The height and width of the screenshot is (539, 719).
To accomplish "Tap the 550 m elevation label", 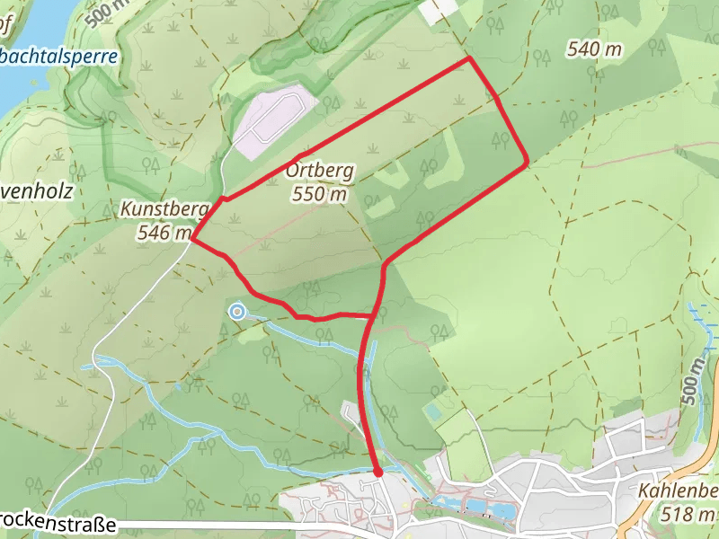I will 319,192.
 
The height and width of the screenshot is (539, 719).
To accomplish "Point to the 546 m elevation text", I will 164,233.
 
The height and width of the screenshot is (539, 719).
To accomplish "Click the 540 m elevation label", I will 595,49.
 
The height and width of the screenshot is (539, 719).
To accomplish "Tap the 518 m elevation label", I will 688,515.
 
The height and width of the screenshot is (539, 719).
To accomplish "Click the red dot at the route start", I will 377,471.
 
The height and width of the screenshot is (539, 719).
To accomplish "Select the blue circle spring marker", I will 236,312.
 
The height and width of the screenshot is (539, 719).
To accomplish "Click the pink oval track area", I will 274,121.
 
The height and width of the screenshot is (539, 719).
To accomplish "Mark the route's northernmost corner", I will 469,58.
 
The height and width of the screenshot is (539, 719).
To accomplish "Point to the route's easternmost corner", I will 526,163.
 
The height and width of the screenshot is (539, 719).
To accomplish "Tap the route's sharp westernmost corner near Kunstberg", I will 192,240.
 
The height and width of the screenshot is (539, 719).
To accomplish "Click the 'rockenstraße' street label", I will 58,520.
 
